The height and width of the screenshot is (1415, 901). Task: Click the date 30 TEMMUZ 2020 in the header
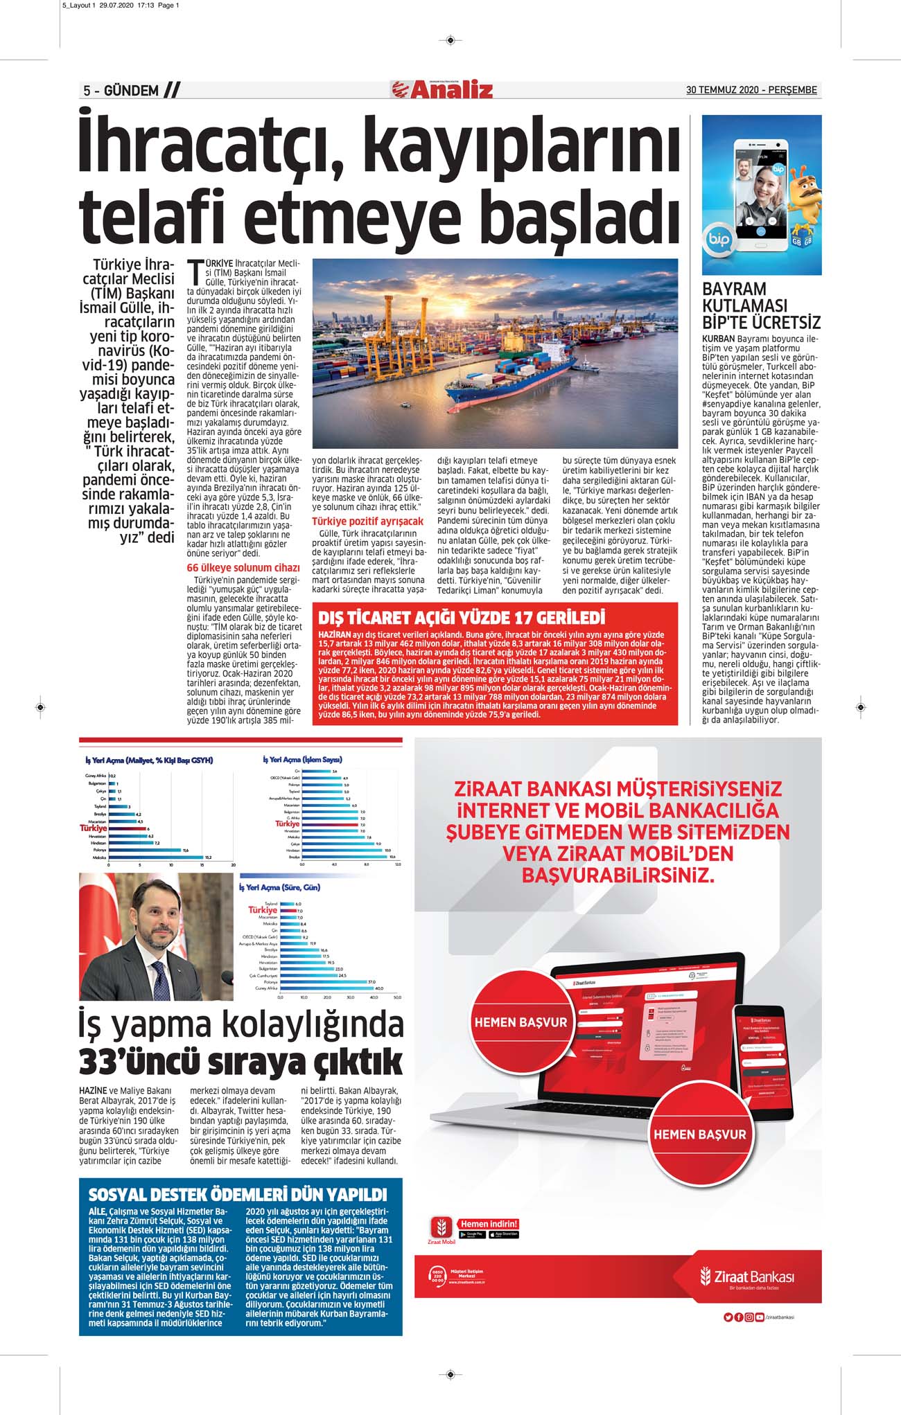721,90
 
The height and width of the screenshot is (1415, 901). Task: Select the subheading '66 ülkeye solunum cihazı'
243,568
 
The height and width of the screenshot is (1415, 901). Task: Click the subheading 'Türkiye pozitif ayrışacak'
367,521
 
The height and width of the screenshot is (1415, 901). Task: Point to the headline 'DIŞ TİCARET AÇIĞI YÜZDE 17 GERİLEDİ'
461,617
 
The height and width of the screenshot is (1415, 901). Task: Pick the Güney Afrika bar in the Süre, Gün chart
326,988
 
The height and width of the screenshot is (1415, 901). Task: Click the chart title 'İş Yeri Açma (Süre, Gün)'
279,887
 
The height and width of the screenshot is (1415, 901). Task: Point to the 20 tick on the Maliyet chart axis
233,865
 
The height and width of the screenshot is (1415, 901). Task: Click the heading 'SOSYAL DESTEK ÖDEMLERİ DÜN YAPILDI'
238,1195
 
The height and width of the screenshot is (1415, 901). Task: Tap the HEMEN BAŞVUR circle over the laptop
520,1022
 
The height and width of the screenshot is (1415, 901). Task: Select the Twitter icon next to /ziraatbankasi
727,1317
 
